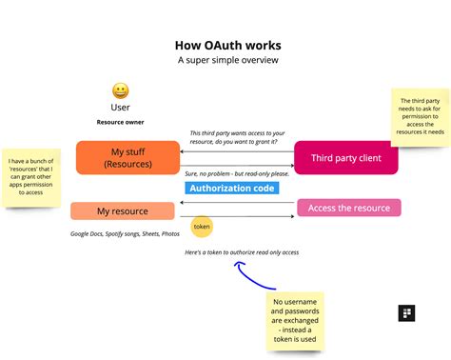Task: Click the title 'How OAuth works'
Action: pos(227,45)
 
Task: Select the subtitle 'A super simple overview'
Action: pos(227,60)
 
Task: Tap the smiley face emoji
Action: pos(121,91)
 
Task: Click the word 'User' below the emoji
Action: pos(121,108)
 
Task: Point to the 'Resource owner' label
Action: pos(121,123)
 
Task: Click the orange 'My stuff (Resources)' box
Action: pos(127,157)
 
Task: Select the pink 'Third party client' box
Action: pos(345,157)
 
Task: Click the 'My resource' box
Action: pos(123,210)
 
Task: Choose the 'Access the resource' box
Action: pos(348,208)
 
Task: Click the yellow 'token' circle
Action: pos(202,227)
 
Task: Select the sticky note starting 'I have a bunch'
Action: pos(31,177)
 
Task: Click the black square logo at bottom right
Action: pos(406,313)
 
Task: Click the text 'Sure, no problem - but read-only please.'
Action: pos(236,174)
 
